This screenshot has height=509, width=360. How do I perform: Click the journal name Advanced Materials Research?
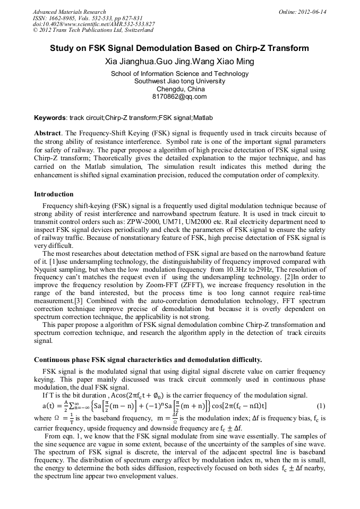69,11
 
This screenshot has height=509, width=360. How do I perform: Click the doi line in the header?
93,24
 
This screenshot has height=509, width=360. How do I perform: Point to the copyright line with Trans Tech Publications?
93,30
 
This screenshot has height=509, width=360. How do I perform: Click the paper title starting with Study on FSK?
179,48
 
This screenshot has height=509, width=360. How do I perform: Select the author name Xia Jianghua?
128,61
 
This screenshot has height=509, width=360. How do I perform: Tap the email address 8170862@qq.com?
179,97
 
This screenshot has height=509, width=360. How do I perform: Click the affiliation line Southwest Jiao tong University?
179,81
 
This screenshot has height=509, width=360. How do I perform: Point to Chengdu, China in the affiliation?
179,89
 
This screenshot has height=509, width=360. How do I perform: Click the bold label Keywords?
49,117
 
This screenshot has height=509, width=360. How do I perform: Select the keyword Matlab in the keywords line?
203,117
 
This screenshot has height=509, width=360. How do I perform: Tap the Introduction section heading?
54,194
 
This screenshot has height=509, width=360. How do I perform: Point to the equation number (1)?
320,406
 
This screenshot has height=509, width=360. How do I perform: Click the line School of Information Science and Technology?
179,74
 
